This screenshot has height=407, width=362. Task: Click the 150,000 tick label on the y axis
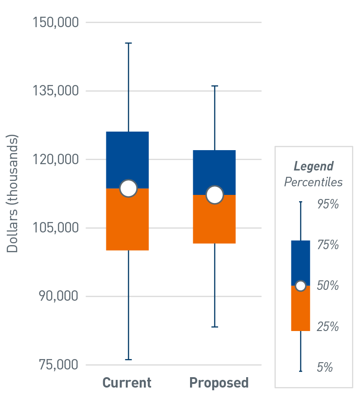click(x=56, y=22)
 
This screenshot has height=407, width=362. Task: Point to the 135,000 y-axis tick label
click(x=56, y=91)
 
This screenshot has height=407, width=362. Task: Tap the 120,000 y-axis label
click(x=56, y=160)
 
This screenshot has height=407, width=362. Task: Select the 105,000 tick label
click(x=56, y=228)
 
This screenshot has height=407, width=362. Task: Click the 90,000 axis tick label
click(x=58, y=297)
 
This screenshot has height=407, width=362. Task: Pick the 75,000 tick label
click(x=58, y=365)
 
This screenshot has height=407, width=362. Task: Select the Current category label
click(x=127, y=383)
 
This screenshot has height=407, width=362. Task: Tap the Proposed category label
click(x=219, y=383)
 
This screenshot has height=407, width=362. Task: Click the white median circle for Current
click(x=129, y=189)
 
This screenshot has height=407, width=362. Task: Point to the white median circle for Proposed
click(x=215, y=195)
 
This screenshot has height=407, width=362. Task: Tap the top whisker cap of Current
click(x=129, y=43)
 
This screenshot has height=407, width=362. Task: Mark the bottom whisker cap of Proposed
click(x=215, y=327)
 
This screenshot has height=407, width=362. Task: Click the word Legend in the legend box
click(x=314, y=166)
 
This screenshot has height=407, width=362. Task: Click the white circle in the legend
click(x=300, y=286)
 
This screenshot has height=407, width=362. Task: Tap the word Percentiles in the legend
click(x=313, y=182)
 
